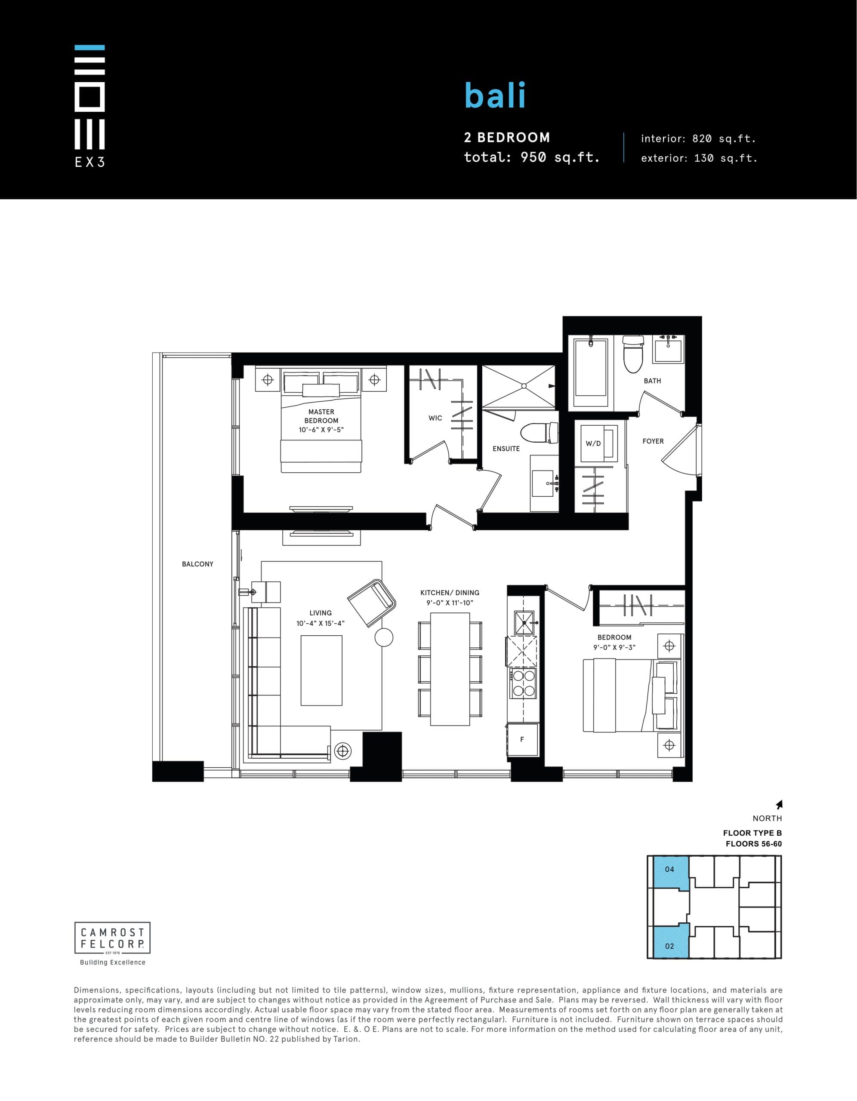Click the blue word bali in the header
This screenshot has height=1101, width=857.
pyautogui.click(x=495, y=95)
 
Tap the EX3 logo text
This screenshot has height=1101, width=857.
pyautogui.click(x=90, y=162)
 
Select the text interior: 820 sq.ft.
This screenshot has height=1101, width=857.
pyautogui.click(x=698, y=138)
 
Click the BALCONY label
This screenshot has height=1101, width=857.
pyautogui.click(x=198, y=564)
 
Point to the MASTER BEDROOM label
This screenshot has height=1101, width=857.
pyautogui.click(x=321, y=416)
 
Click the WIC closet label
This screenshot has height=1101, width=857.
pyautogui.click(x=435, y=418)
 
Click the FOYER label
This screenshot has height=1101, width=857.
pyautogui.click(x=653, y=441)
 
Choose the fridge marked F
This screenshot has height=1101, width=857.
pyautogui.click(x=523, y=740)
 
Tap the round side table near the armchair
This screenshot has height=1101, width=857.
pyautogui.click(x=384, y=638)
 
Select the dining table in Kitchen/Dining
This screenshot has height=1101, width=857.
pyautogui.click(x=450, y=669)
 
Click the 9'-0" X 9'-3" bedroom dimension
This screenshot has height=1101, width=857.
pyautogui.click(x=614, y=647)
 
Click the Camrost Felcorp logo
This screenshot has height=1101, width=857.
pyautogui.click(x=112, y=938)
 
